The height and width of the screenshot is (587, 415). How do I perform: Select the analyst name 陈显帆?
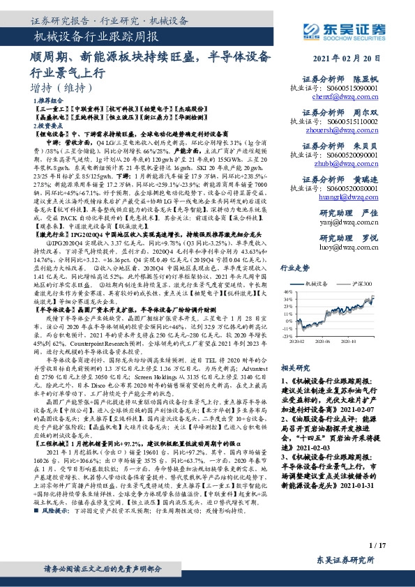365,79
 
